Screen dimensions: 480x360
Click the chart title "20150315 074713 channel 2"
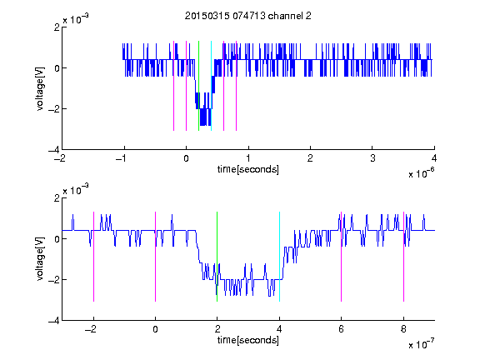point(248,16)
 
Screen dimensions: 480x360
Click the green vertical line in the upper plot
point(198,86)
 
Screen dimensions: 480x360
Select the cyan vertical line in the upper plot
point(211,86)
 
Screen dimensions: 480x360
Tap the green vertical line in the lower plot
point(217,257)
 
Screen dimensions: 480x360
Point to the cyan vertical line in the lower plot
point(279,257)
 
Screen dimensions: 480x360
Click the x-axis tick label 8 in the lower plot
point(403,329)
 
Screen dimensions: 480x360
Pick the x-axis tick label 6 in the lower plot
point(342,329)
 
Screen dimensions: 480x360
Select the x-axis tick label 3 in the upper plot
point(372,158)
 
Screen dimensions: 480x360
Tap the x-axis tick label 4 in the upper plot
point(434,158)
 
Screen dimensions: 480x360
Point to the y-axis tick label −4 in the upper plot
point(54,150)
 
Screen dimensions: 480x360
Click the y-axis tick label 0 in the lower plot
point(57,239)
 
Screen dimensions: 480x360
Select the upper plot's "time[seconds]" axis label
point(248,169)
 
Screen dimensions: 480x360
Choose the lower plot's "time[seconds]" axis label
point(248,340)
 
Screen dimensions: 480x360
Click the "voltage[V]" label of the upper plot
point(40,88)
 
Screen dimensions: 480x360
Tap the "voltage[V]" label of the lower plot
point(40,258)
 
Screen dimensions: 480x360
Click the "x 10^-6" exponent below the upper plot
point(421,173)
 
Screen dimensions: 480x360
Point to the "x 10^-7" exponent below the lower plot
point(421,344)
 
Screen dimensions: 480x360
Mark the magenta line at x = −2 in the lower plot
point(93,257)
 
